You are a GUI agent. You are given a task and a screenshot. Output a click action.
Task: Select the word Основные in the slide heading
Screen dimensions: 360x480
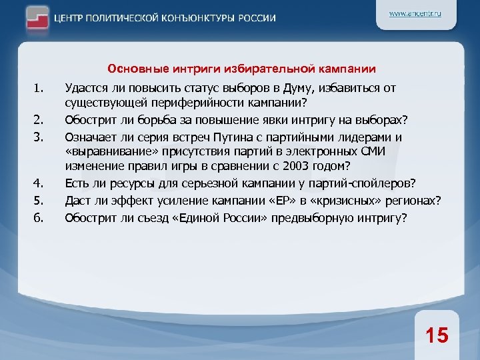pyautogui.click(x=131, y=69)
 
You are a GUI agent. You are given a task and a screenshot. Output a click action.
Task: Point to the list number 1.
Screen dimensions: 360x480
pyautogui.click(x=38, y=88)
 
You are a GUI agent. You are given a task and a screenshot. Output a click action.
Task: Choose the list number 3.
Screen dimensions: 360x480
pyautogui.click(x=38, y=137)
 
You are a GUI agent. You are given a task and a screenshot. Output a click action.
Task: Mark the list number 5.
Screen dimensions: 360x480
pyautogui.click(x=38, y=201)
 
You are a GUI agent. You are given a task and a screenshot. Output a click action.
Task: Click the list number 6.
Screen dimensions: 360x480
pyautogui.click(x=38, y=217)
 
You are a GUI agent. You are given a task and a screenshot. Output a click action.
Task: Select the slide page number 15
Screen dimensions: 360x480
pyautogui.click(x=437, y=335)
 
